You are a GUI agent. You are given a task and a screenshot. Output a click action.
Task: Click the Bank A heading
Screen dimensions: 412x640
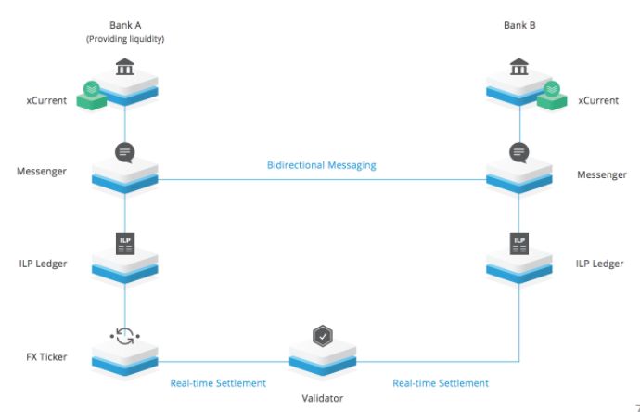pos(124,25)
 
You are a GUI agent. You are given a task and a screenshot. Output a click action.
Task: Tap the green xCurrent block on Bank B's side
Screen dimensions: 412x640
pos(550,93)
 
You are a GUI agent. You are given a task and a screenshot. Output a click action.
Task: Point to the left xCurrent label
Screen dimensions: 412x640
pos(46,100)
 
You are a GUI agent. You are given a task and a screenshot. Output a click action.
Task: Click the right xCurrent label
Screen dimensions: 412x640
pos(599,100)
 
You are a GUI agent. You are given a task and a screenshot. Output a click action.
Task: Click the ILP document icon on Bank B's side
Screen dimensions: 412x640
pos(519,245)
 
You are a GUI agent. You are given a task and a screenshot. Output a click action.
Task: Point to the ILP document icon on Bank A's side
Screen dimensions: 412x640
pos(124,245)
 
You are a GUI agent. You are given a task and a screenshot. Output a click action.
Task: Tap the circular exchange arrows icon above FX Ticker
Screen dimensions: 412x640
pos(124,334)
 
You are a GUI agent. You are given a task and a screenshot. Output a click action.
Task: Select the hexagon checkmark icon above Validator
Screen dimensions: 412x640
pos(322,337)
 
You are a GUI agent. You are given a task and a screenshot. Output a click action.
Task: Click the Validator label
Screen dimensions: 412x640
pos(322,398)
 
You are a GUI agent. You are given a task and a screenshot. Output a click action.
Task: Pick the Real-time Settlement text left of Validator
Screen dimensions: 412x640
pos(218,382)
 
